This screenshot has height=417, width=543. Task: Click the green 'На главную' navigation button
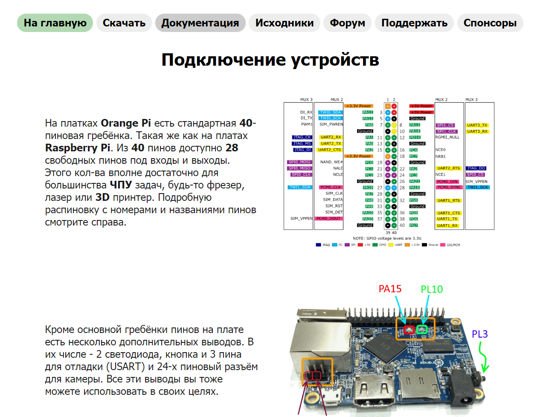click(55, 23)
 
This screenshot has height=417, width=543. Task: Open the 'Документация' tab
click(200, 23)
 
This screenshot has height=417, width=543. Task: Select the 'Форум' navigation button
click(347, 23)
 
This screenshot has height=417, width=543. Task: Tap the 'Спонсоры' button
click(490, 23)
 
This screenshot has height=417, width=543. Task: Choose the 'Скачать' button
click(124, 23)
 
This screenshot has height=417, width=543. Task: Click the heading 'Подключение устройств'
click(270, 60)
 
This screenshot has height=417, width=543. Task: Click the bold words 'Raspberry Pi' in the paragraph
click(78, 148)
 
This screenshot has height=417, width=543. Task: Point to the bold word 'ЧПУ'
click(121, 185)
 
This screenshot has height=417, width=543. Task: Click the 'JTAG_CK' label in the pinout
click(302, 137)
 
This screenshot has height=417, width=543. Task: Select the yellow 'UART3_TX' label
click(477, 125)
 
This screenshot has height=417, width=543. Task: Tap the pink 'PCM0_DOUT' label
click(328, 219)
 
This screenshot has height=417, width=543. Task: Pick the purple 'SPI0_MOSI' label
click(299, 162)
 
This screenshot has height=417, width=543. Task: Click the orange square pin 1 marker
click(388, 106)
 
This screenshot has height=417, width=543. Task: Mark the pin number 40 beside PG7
click(402, 226)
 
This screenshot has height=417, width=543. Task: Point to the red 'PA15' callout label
click(390, 289)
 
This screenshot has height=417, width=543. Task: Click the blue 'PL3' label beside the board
click(479, 334)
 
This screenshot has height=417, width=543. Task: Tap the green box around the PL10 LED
click(422, 329)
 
